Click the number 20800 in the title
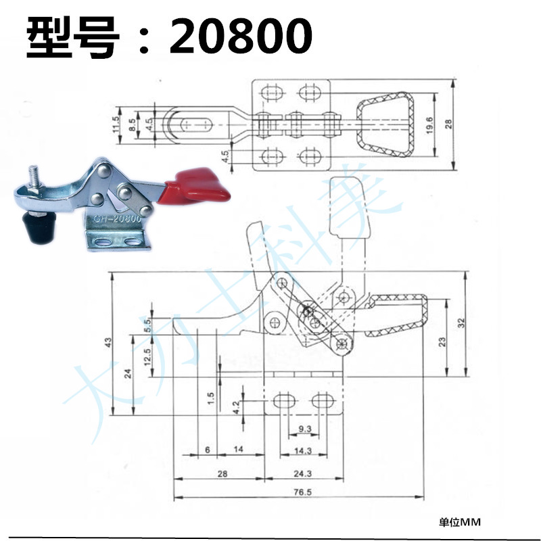[x=241, y=37]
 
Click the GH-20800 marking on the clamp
[x=116, y=218]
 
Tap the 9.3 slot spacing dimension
[x=304, y=429]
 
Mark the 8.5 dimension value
[x=133, y=124]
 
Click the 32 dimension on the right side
[x=461, y=323]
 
